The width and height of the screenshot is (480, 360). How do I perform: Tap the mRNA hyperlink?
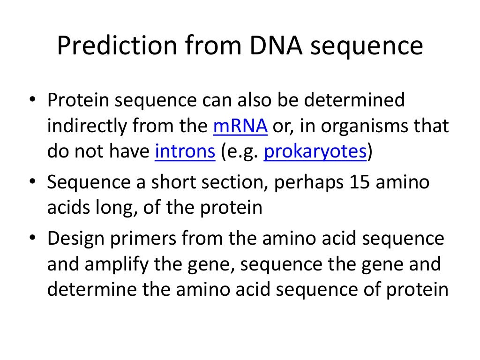[240, 127]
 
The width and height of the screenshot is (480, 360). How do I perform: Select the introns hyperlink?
[185, 152]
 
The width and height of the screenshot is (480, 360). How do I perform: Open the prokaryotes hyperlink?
[315, 152]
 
